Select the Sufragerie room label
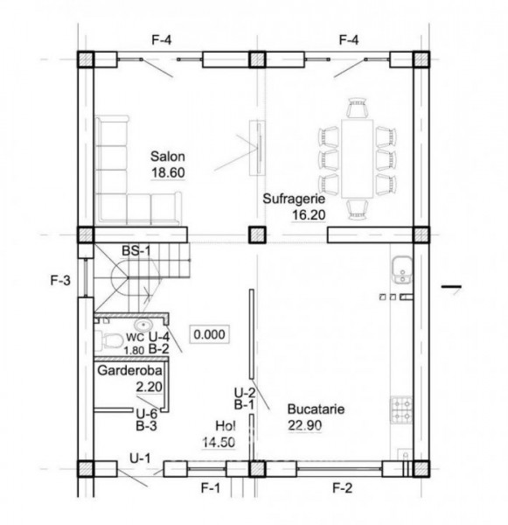(x=289, y=199)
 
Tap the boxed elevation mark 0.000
(x=209, y=333)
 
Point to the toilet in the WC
(x=109, y=339)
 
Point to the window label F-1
(x=210, y=486)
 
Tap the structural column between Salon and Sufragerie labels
(x=256, y=234)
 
